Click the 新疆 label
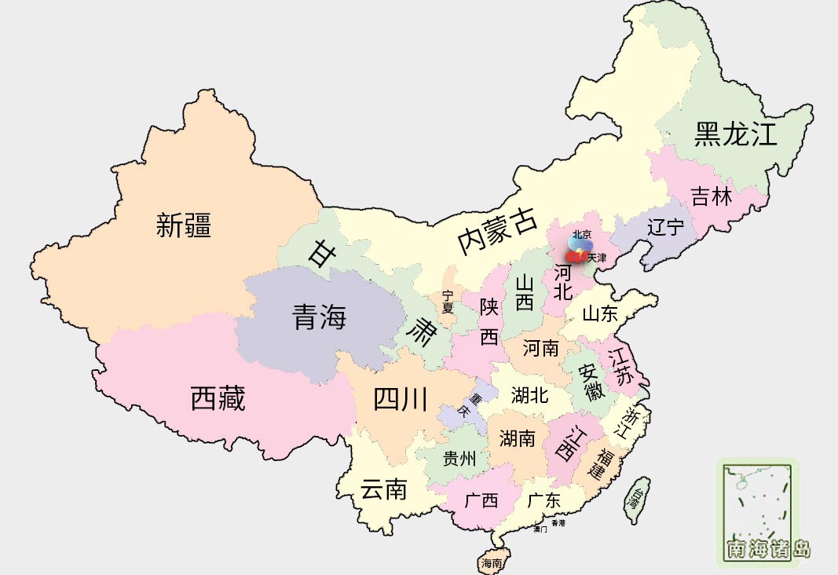(x=184, y=226)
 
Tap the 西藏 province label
(x=218, y=399)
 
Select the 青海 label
(x=319, y=318)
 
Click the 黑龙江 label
(x=735, y=134)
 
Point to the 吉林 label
(x=711, y=196)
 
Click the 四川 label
(x=400, y=400)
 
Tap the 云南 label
(x=383, y=490)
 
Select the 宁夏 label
(x=448, y=302)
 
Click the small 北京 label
(x=581, y=234)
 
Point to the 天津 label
(x=597, y=258)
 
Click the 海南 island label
(x=492, y=562)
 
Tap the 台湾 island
(x=635, y=499)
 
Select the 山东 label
(x=600, y=314)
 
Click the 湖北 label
(x=529, y=395)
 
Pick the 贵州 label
(x=459, y=459)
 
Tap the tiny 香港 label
(x=558, y=522)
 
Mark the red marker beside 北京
(x=573, y=256)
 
